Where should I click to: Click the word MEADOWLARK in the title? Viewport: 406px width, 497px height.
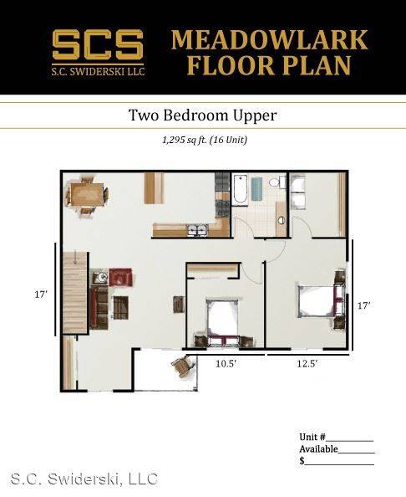coord(269,39)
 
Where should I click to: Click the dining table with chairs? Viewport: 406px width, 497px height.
coord(87,194)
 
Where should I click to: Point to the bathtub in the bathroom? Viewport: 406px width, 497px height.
coord(241,191)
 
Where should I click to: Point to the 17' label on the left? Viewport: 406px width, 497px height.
coord(40,295)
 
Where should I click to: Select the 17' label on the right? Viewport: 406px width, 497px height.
coord(363,306)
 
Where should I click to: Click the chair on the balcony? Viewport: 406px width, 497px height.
coord(181,366)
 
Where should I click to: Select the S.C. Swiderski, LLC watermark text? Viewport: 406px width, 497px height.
coord(84,479)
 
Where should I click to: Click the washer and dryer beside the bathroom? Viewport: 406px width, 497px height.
coord(299,192)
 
